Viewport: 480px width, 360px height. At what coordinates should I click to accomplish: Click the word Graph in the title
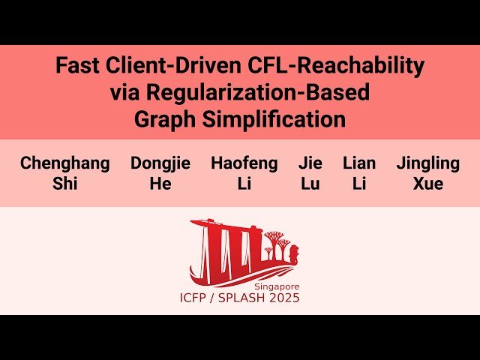coord(165,120)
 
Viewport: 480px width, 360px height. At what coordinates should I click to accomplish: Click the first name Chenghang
coord(64,163)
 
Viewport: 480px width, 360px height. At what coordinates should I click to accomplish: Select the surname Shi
coord(64,184)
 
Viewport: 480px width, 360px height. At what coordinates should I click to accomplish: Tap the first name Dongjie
coord(160,163)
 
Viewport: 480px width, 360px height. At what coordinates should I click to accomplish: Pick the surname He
coord(160,184)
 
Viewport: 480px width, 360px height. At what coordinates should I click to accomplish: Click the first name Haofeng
coord(244,163)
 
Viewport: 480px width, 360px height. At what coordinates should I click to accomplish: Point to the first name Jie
coord(310,163)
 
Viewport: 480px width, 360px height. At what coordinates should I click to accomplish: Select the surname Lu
coord(310,184)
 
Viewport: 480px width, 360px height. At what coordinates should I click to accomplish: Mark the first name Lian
coord(359,163)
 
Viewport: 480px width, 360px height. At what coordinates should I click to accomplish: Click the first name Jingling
coord(427,163)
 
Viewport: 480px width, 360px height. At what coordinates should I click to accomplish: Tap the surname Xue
coord(427,184)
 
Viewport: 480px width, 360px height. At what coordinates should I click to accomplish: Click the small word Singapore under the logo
coord(275,286)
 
